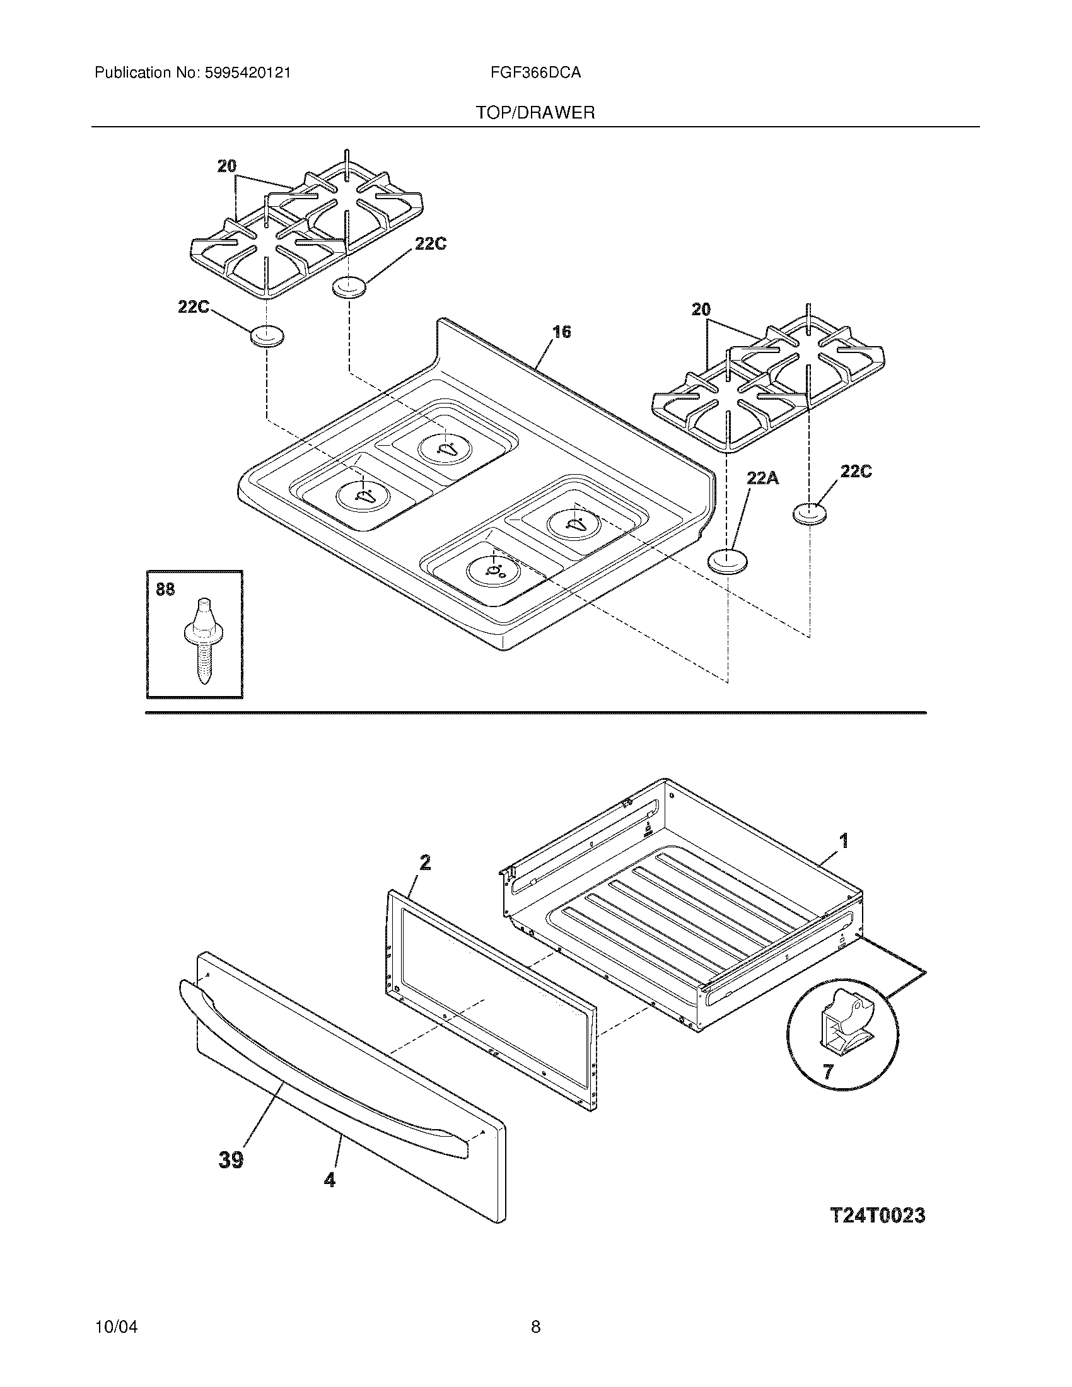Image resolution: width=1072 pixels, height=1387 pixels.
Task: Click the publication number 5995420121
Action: [x=248, y=73]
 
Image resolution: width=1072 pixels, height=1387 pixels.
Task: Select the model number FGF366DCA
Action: [x=535, y=73]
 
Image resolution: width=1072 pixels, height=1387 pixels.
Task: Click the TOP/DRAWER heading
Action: [x=535, y=113]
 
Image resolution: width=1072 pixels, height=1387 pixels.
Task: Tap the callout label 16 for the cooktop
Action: [x=561, y=332]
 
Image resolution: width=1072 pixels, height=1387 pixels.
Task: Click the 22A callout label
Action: [x=762, y=478]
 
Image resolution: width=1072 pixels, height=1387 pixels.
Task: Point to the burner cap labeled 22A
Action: [x=727, y=562]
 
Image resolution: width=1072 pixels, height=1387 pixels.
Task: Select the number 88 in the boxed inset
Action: [x=165, y=590]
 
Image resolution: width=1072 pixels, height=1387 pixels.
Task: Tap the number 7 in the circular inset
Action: [x=827, y=1072]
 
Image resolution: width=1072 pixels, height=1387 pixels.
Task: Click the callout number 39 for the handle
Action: [x=231, y=1160]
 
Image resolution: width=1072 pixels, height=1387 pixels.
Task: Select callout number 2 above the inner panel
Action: [x=424, y=862]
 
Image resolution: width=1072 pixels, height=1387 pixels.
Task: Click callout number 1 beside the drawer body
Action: [x=843, y=842]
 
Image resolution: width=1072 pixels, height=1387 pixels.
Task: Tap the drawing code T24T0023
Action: [x=877, y=1216]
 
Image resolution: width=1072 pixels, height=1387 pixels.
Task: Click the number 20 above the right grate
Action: [x=701, y=310]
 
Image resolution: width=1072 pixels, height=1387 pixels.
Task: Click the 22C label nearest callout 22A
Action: [x=856, y=471]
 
